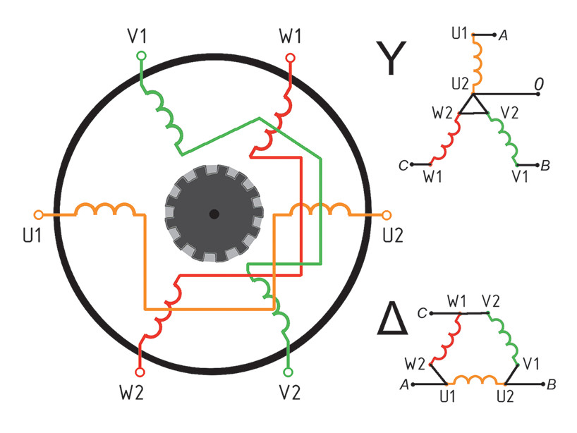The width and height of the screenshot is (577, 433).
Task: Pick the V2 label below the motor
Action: click(x=291, y=393)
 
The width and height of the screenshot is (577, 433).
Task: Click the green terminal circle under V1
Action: click(x=141, y=55)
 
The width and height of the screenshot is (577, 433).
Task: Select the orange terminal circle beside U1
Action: click(x=39, y=214)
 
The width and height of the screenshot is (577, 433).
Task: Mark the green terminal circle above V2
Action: click(x=287, y=371)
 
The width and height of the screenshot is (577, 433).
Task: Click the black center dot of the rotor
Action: click(x=214, y=214)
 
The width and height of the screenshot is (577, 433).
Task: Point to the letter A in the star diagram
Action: click(x=504, y=35)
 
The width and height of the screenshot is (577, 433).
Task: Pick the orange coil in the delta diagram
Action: click(x=469, y=380)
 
